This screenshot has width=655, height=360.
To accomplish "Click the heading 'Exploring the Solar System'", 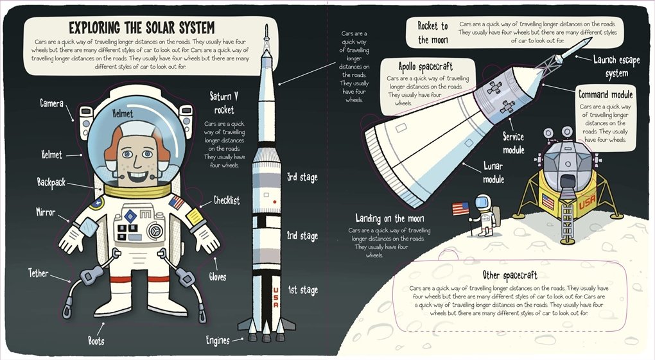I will [141, 28].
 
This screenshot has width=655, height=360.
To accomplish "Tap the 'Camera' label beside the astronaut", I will [51, 103].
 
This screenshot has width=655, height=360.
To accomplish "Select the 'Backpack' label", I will [51, 182].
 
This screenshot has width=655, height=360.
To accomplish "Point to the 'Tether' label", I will [39, 273].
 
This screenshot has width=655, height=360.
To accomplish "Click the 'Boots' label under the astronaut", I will [96, 341].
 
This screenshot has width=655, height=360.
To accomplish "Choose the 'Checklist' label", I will [227, 201].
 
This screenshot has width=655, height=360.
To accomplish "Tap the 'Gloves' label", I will [217, 277].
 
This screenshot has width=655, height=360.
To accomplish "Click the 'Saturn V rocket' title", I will [224, 103].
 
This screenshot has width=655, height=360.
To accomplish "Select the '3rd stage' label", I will [302, 177].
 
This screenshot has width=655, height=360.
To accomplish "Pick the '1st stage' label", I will [302, 290].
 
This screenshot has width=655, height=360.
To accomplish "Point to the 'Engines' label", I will [218, 340].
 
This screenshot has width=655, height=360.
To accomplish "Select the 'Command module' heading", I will [606, 94].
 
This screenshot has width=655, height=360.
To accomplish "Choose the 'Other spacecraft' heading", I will [511, 275].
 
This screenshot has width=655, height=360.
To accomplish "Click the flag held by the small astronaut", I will [460, 209].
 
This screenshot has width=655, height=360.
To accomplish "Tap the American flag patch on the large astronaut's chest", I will [177, 203].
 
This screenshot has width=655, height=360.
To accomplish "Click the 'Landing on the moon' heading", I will [390, 219].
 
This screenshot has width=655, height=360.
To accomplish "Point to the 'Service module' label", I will [514, 143].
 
